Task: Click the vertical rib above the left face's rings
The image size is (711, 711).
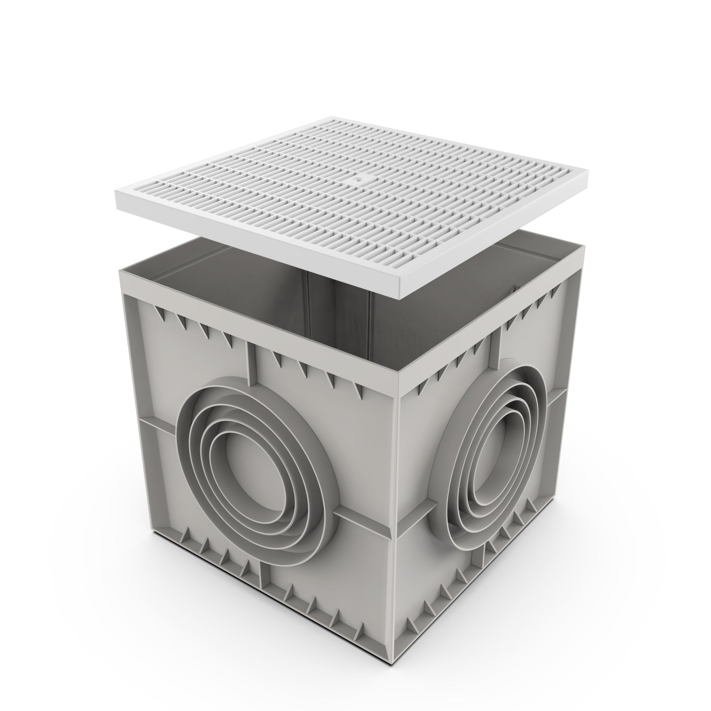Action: (251, 364)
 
